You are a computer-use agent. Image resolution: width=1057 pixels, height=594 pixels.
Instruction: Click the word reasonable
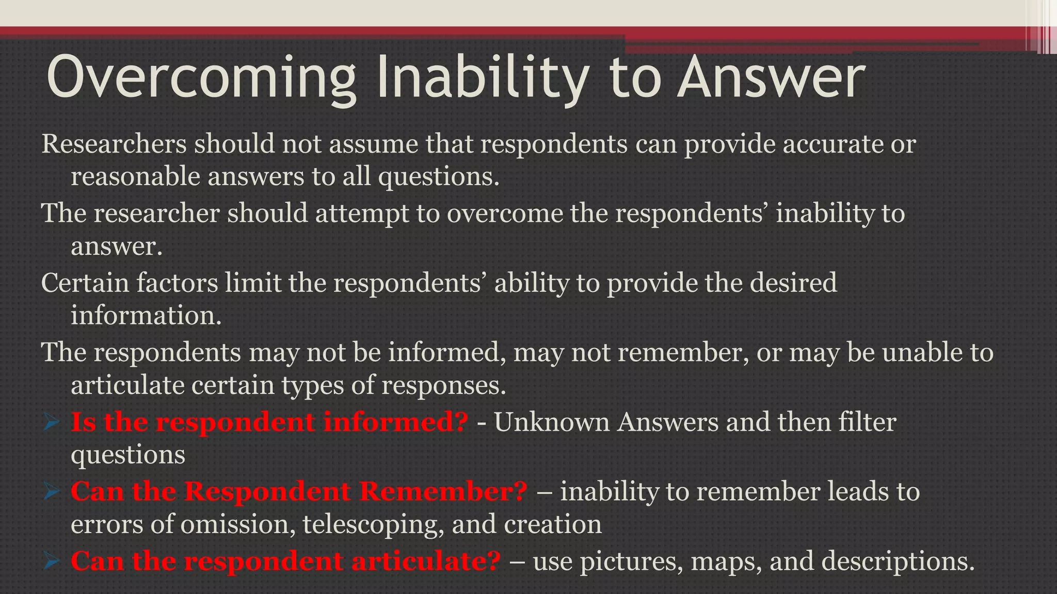coord(135,177)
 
